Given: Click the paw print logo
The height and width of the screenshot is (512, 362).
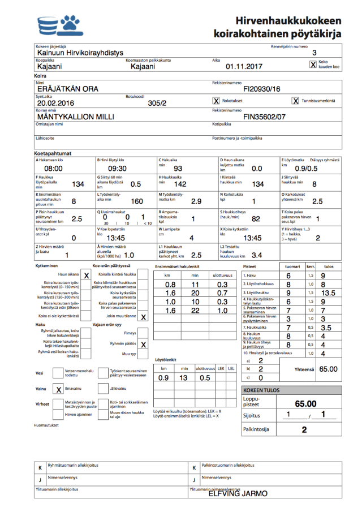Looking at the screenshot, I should [71, 24].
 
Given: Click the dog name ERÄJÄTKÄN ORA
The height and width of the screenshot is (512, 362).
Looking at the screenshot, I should [67, 89].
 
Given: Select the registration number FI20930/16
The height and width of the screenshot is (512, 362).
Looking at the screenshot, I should [261, 89].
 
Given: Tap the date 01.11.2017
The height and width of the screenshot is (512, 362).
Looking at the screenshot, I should [245, 66].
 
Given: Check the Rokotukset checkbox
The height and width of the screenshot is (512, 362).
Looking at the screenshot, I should [216, 101].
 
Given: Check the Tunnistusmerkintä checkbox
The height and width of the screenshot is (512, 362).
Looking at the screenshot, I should [295, 101].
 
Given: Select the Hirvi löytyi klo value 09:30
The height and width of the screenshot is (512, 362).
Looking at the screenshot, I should [117, 169].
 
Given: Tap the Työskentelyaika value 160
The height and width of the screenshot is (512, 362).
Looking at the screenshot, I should [137, 201].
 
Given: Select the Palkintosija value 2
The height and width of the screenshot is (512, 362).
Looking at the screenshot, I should [304, 429].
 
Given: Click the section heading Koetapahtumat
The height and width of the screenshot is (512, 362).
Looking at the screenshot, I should [53, 153].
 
